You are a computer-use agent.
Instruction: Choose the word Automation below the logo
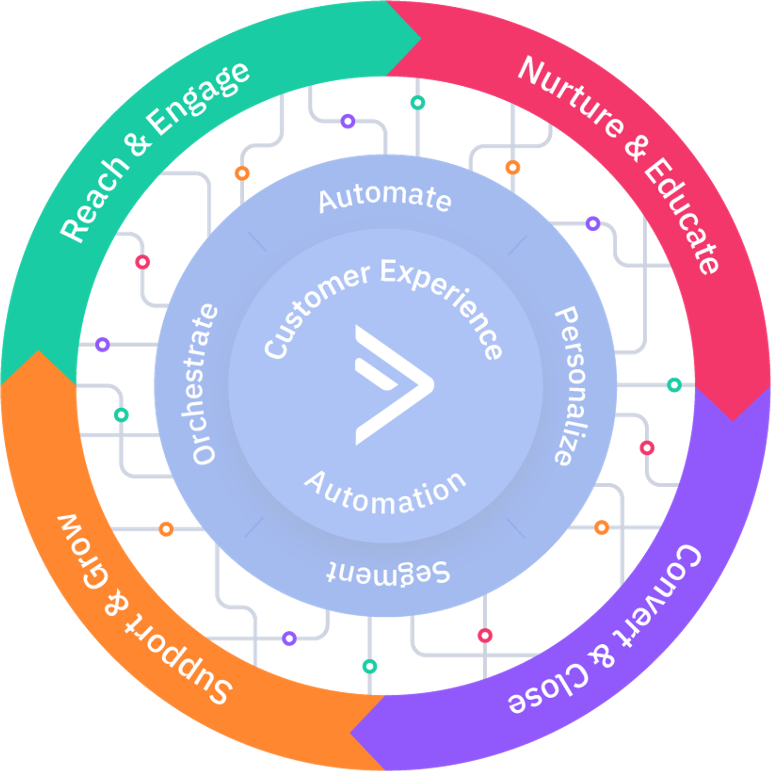click(385, 494)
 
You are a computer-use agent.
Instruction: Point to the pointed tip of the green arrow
click(420, 39)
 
